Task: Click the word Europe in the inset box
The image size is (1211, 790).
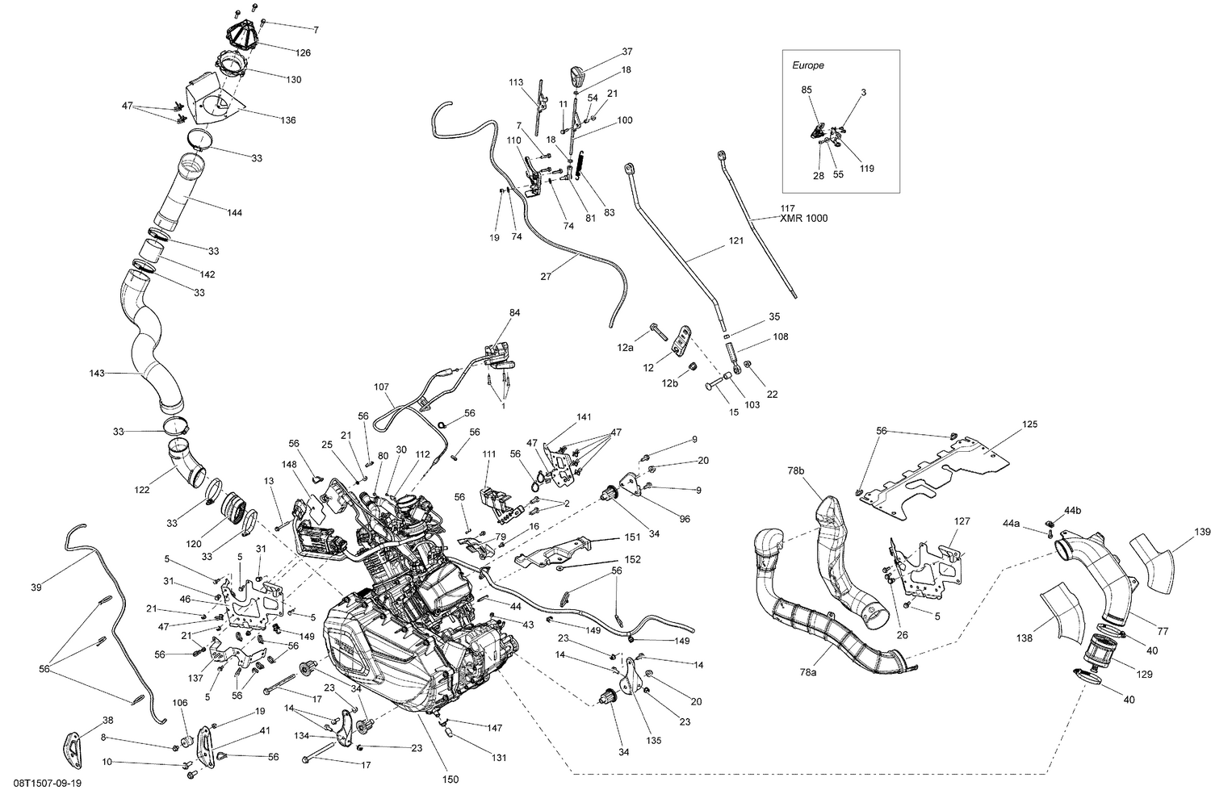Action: click(807, 65)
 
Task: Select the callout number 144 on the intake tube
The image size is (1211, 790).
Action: click(234, 213)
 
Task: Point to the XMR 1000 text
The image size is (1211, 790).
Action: click(803, 219)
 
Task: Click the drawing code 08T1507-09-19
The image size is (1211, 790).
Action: click(41, 783)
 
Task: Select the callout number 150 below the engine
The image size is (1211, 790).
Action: click(450, 779)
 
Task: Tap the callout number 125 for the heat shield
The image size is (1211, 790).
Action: click(1029, 424)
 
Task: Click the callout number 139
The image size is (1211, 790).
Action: click(1202, 532)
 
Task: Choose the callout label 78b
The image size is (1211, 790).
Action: click(796, 470)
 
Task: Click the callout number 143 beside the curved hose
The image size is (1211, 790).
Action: click(98, 374)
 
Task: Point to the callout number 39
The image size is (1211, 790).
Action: click(36, 587)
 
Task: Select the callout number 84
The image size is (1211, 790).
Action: click(515, 311)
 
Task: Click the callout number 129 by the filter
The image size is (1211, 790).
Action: click(1145, 674)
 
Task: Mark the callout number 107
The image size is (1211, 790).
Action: click(382, 386)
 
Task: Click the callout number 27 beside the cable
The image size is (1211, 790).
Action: click(546, 276)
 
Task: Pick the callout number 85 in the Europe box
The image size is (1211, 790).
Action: click(807, 90)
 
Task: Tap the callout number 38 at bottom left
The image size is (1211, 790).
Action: click(107, 720)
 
